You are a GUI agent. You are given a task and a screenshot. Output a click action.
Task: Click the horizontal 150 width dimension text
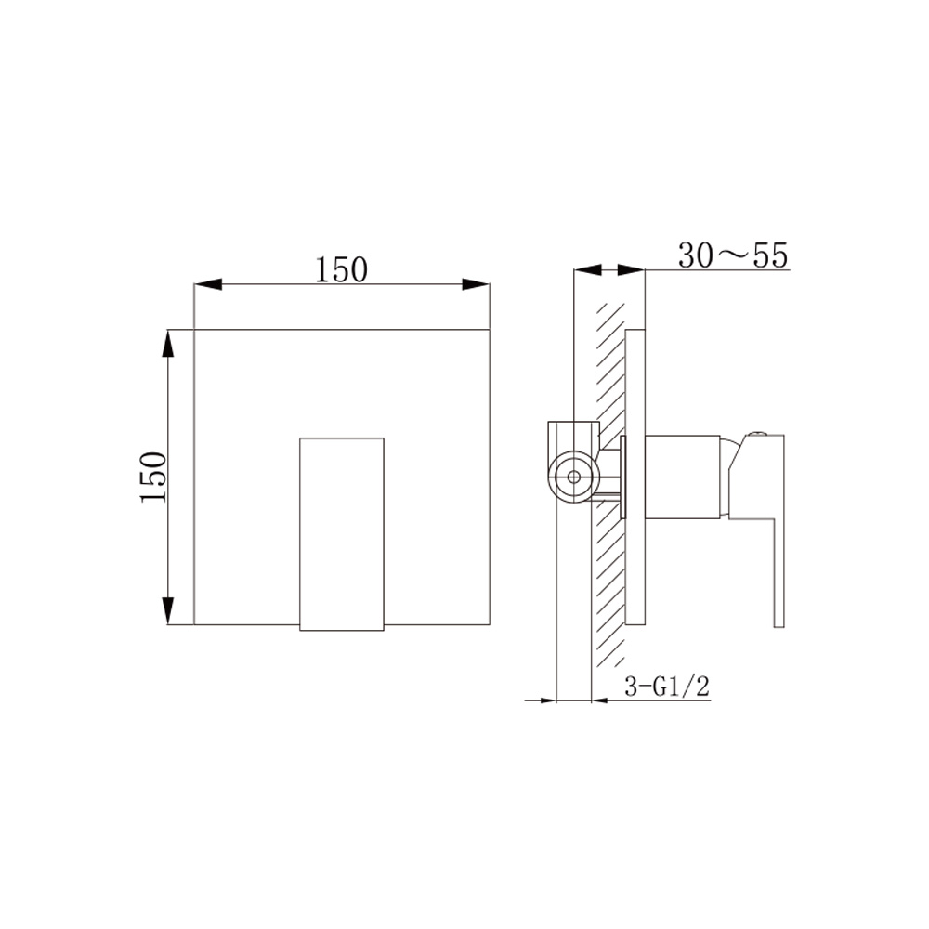[342, 269]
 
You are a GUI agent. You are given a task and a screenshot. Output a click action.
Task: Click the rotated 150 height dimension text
[152, 477]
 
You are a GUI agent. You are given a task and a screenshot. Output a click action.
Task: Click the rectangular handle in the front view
[342, 534]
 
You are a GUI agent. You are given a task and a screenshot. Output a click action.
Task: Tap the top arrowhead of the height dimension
[168, 344]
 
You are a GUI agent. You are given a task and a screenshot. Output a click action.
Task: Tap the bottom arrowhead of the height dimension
[168, 610]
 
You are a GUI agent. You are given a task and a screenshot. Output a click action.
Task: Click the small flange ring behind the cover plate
[623, 475]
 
